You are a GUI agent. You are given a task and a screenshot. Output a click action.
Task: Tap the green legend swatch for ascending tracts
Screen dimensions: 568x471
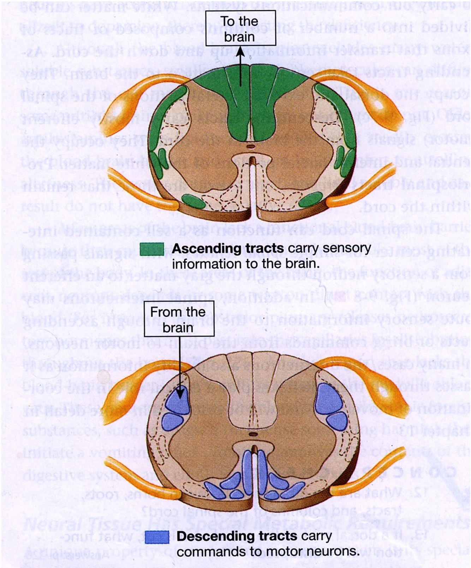tap(152, 249)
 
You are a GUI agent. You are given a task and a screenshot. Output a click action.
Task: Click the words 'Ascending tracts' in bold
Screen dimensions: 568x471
tap(228, 248)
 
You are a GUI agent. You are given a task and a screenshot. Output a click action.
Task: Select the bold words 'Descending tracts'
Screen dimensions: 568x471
tap(237, 537)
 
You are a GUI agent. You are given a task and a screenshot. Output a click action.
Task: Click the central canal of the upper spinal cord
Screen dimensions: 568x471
tap(251, 146)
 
